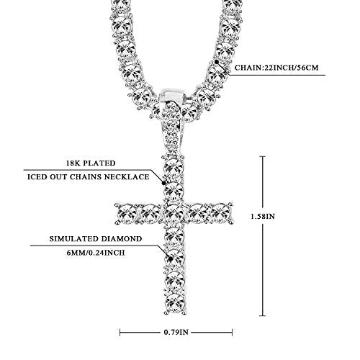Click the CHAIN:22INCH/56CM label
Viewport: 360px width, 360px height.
276,68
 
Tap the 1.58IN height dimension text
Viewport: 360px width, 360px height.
263,216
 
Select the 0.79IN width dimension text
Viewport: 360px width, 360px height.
176,332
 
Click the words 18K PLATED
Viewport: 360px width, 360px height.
91,163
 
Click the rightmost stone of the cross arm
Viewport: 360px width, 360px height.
221,213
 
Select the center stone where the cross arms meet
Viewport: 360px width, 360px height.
174,213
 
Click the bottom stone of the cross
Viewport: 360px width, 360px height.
174,302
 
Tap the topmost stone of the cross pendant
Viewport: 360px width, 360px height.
174,167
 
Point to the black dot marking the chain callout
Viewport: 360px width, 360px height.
217,62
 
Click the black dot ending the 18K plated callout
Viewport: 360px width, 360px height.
163,183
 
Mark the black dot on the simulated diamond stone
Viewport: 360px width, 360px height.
171,259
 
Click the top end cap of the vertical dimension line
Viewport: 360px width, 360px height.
263,156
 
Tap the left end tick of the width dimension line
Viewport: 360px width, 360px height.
120,333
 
